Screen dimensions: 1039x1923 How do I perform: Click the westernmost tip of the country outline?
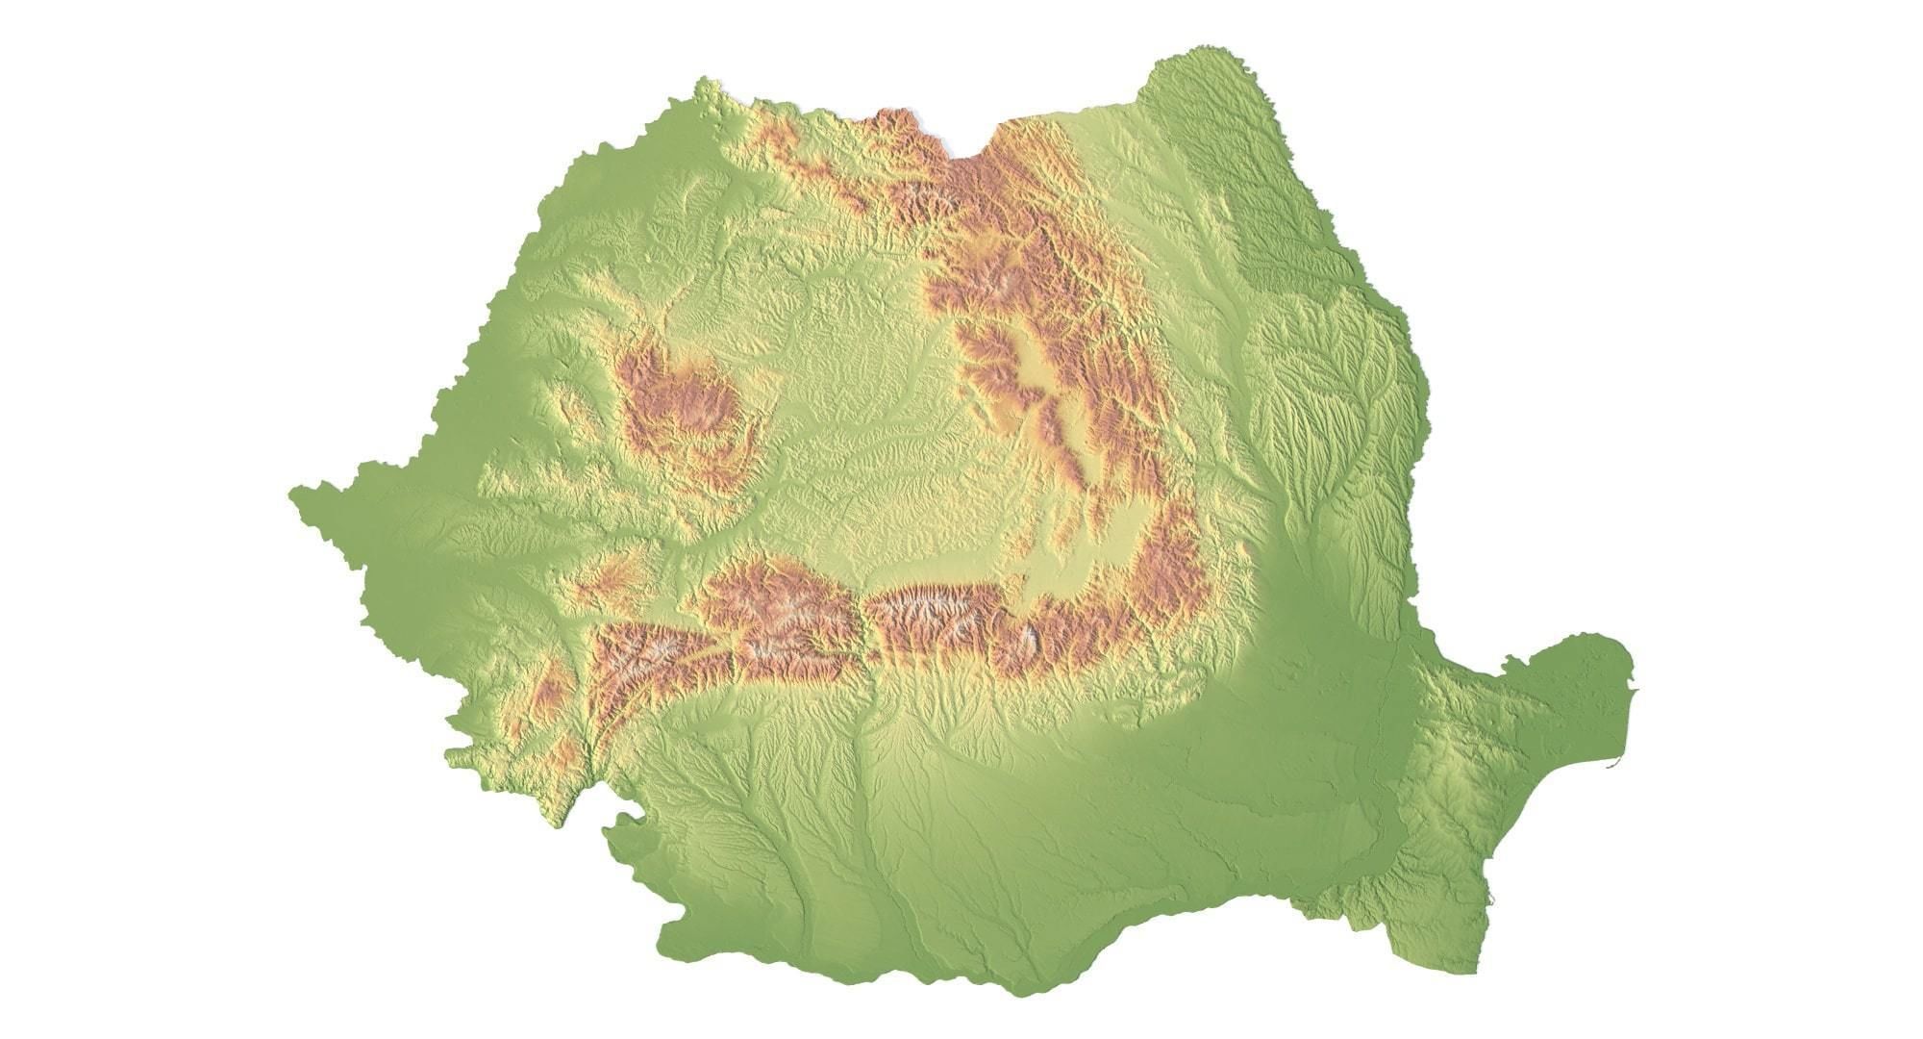(290, 493)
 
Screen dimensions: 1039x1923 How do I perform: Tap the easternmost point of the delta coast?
(1633, 664)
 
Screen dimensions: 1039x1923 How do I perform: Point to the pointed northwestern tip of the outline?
(707, 82)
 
